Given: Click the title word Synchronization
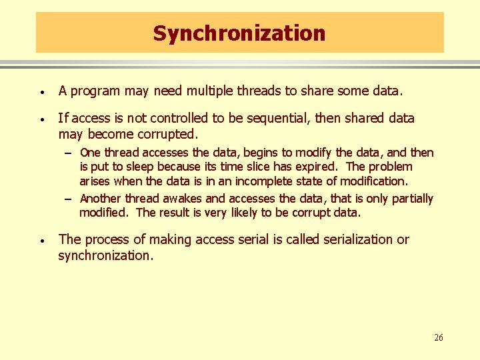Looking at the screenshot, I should click(x=239, y=33).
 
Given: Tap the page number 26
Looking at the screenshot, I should click(x=438, y=337).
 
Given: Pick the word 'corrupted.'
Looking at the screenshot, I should click(x=169, y=134).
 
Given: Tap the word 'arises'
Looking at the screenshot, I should click(x=95, y=181).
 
